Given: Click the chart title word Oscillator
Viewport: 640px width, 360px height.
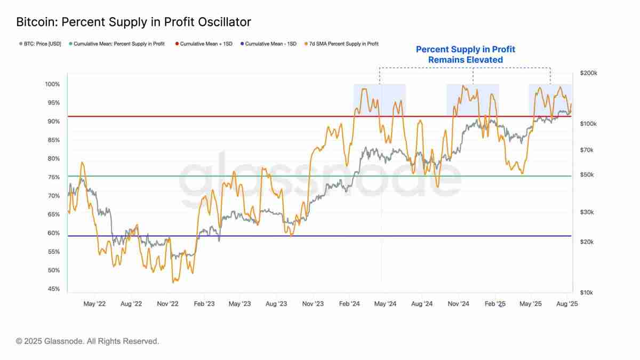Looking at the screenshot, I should (222, 22).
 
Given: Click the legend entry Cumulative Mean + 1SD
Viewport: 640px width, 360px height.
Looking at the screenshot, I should (205, 44).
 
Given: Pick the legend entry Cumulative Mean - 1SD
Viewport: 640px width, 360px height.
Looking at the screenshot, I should (270, 44).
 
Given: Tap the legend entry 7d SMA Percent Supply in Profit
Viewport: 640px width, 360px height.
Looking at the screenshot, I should (343, 44).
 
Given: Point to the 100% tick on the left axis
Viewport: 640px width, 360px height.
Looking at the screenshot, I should (52, 84).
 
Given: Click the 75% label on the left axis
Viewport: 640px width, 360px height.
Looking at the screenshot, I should (53, 178).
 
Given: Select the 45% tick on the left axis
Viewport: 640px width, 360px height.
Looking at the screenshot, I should (53, 289).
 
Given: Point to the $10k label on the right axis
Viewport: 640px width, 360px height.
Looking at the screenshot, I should (586, 293).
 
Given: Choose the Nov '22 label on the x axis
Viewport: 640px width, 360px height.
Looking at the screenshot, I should (167, 304).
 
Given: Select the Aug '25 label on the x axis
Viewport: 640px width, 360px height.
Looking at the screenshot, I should (567, 304).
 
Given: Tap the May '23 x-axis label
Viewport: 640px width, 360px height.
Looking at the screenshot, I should (239, 304).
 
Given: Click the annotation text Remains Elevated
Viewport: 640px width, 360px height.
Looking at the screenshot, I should (466, 60).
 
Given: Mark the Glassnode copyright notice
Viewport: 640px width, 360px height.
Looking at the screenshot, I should (87, 341).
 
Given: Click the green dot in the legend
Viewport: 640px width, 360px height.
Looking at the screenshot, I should (70, 44).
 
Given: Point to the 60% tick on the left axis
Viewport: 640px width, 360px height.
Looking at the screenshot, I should (53, 233).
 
